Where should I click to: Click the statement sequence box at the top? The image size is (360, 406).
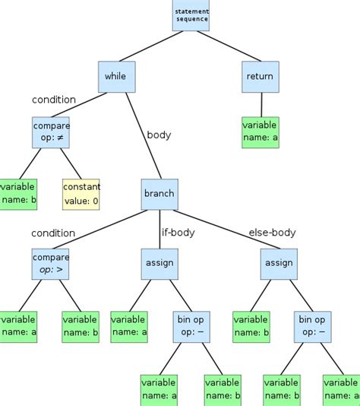191,15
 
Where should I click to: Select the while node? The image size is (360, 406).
116,77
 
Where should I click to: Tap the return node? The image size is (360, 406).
260,77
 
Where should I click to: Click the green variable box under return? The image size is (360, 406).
260,132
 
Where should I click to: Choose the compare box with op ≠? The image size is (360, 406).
50,132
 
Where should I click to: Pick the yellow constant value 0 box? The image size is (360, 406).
81,194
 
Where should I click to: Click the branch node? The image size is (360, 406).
159,193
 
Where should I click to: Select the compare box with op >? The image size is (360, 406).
50,263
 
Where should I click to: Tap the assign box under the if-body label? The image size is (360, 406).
159,263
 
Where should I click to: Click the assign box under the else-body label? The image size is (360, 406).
277,263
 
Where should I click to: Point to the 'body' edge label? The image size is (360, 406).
159,135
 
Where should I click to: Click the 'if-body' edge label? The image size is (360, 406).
178,233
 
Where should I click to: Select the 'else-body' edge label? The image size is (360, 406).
272,233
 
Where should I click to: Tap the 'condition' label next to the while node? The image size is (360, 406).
54,100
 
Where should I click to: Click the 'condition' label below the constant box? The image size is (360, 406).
53,233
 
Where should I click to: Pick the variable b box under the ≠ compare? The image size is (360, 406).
17,194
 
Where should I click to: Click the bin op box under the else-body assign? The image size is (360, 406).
311,326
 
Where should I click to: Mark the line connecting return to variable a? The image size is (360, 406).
261,104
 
